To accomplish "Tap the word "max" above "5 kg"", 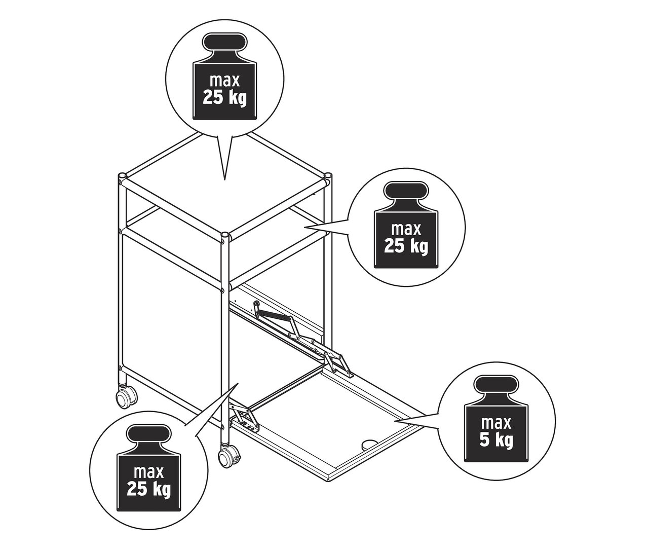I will coord(496,423).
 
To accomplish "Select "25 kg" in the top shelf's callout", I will coord(224,96).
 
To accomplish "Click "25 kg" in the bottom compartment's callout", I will coord(149,490).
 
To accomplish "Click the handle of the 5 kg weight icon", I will coord(496,384).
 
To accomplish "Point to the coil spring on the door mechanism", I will coord(274,315).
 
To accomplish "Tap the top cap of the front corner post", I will coord(224,236).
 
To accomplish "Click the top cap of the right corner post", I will coord(328,176).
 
